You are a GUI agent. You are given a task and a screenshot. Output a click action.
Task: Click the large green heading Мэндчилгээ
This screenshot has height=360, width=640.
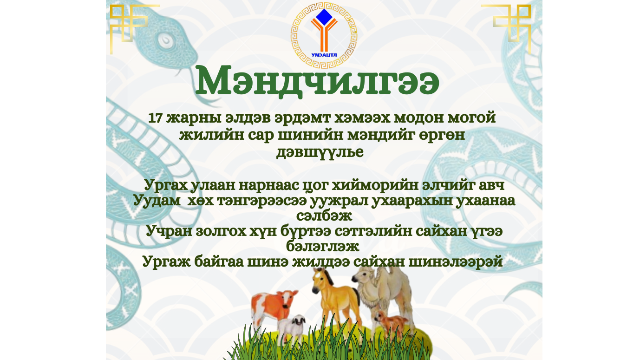click(317, 81)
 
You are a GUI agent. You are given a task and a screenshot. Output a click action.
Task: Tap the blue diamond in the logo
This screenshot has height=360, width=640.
click(324, 17)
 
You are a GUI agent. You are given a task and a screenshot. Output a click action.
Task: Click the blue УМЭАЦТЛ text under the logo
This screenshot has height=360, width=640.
click(324, 55)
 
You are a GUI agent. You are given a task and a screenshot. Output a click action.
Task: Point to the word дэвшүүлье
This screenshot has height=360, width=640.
click(320, 152)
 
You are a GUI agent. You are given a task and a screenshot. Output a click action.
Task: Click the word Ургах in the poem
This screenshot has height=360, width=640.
click(166, 186)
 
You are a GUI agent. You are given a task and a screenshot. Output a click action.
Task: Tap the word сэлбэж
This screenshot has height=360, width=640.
click(324, 216)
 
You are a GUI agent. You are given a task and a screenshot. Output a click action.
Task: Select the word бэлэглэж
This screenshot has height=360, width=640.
click(323, 247)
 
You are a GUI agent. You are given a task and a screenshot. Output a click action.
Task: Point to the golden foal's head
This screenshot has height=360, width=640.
click(320, 280)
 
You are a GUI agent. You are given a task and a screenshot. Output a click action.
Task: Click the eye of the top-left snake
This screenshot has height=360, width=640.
click(165, 40)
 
